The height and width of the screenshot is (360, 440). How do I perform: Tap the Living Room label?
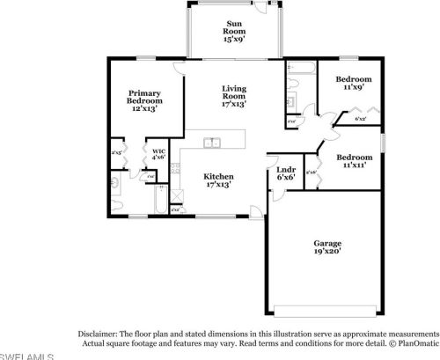233,95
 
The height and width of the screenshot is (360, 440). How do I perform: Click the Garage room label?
328,247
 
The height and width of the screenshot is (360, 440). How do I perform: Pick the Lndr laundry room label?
285,173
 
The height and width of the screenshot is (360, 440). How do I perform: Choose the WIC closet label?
159,155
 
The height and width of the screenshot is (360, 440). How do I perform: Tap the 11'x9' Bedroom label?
354,83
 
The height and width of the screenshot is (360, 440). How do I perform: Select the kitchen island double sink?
212,143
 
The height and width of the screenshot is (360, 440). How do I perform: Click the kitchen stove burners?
177,197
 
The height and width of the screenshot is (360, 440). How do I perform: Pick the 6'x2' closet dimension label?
361,119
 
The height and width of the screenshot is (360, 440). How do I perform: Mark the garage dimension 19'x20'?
328,253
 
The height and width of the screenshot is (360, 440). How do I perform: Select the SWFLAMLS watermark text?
26,356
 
